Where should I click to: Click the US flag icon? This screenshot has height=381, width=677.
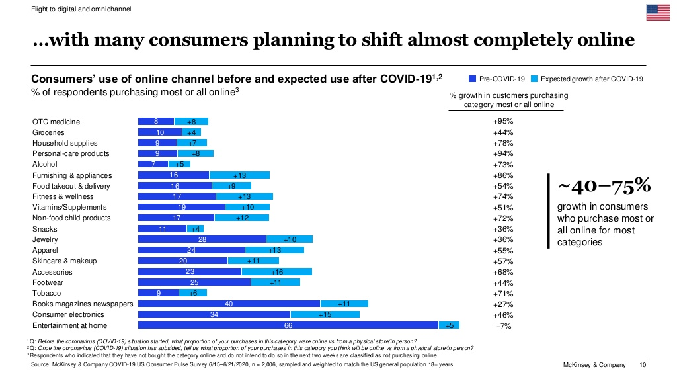657,13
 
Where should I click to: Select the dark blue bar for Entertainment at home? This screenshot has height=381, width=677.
288,325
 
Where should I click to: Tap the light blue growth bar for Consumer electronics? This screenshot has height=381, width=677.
325,314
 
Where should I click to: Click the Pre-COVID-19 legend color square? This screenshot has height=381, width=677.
472,79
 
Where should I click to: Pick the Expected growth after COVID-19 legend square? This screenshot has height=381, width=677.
535,79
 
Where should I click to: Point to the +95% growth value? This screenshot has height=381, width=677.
503,122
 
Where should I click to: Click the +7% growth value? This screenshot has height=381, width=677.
503,326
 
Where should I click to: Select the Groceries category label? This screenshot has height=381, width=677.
48,132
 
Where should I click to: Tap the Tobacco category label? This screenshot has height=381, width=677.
46,293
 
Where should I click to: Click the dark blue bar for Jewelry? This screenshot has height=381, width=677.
202,239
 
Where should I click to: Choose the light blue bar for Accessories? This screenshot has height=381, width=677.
276,271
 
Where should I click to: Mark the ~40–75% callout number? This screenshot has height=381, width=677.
596,187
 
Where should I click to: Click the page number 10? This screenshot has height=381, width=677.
643,365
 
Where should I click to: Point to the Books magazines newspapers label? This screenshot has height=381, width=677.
83,304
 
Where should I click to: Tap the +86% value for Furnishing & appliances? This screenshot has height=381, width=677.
503,175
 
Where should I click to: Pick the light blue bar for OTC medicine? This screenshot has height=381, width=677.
191,122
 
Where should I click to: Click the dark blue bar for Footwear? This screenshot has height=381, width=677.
194,282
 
